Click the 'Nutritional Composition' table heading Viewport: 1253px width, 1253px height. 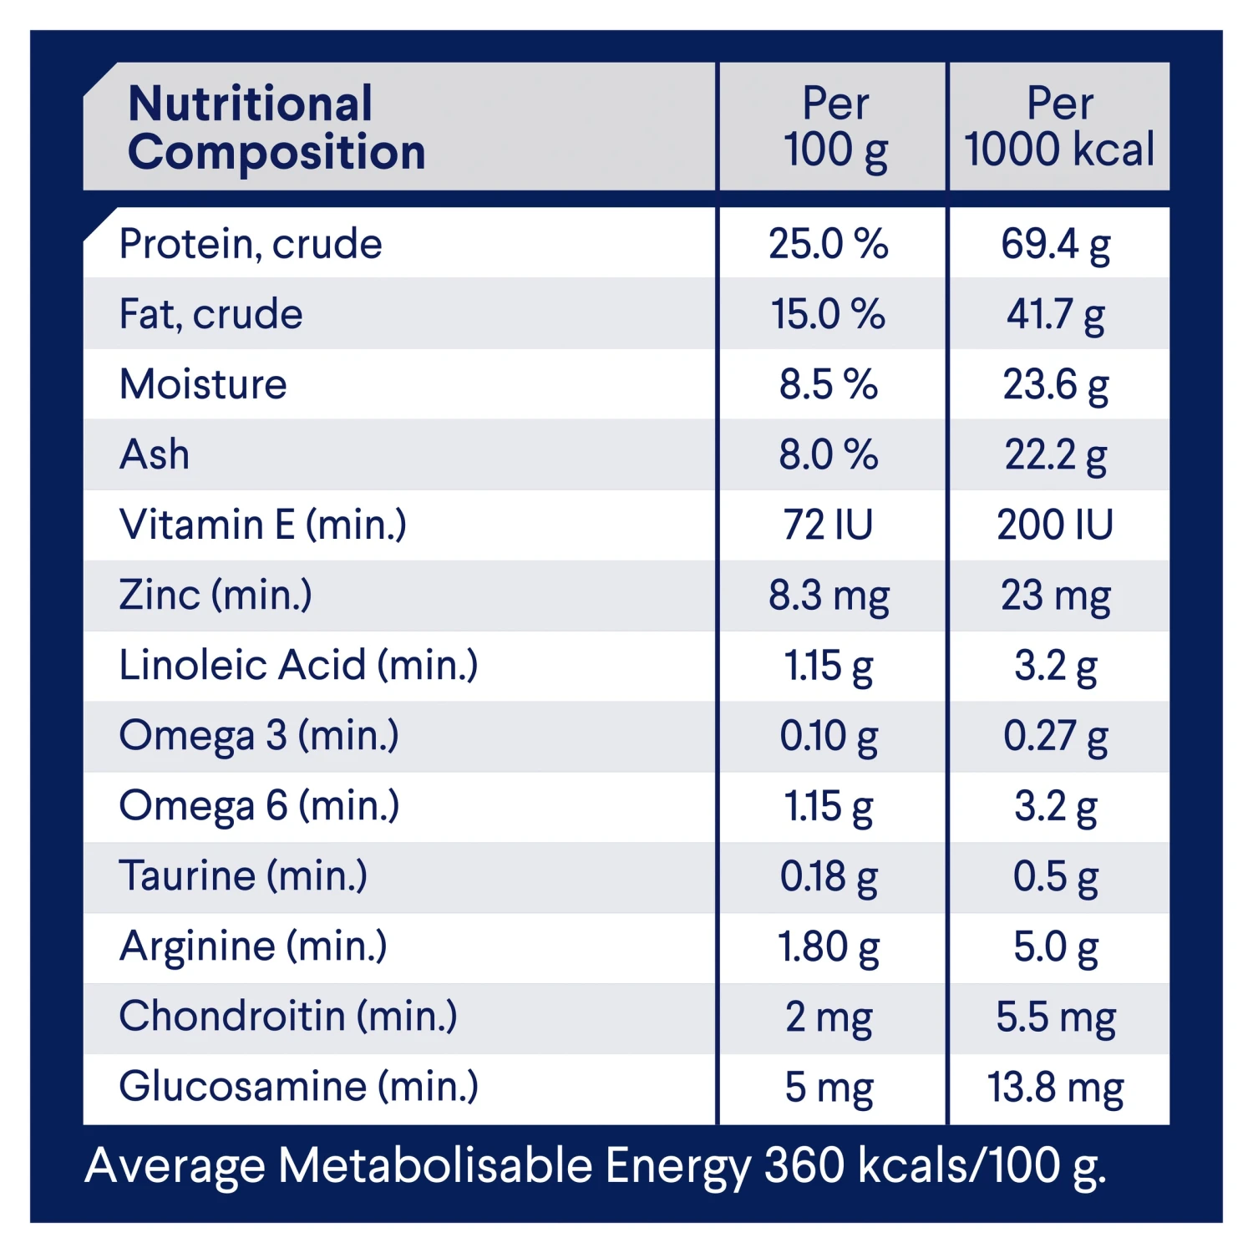click(276, 127)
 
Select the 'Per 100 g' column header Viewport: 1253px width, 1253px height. click(834, 127)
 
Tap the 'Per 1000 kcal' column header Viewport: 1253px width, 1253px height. click(1058, 127)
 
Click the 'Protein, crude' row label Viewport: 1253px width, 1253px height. click(251, 244)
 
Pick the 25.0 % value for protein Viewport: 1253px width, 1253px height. click(828, 244)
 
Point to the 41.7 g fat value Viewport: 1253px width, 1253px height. click(1056, 315)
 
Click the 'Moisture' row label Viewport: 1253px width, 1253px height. click(203, 385)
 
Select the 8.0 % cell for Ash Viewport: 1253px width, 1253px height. click(828, 455)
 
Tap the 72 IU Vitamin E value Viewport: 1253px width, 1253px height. click(828, 525)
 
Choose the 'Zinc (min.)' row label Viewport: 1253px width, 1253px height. click(216, 596)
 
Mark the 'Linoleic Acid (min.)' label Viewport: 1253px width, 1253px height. click(298, 666)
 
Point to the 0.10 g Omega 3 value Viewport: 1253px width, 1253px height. click(828, 737)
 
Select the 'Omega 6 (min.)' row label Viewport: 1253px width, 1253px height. click(259, 806)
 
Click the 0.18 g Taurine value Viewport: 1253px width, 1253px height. click(828, 877)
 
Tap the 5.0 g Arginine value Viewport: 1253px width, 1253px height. click(1056, 947)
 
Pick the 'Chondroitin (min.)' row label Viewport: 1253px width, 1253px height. click(288, 1017)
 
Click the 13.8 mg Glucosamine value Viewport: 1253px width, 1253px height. click(1056, 1088)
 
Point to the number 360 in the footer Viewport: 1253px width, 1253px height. click(804, 1165)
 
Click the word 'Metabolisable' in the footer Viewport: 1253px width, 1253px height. click(434, 1165)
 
